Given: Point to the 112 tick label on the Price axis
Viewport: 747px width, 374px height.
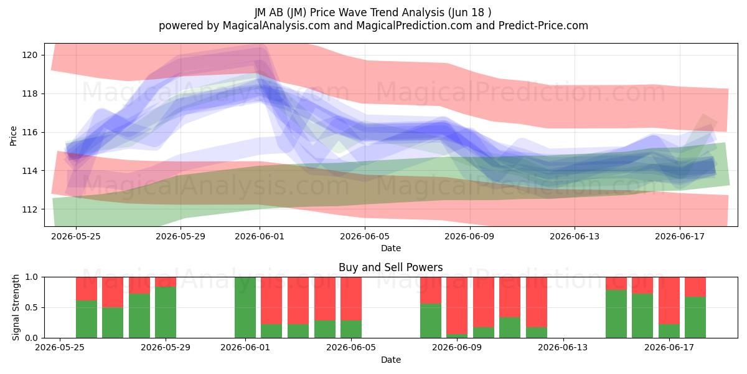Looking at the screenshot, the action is pos(30,209).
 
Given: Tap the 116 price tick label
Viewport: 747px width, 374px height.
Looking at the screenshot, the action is pos(30,133).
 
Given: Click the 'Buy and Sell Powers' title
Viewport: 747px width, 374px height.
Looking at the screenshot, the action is pos(390,267).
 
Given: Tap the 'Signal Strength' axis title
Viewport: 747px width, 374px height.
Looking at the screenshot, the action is pos(16,307).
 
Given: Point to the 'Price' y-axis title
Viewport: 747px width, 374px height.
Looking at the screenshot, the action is pos(13,136).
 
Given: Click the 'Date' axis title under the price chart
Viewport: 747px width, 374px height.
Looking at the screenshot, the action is pos(391,248).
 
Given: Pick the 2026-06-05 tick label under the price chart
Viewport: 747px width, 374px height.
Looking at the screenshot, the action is pos(365,236).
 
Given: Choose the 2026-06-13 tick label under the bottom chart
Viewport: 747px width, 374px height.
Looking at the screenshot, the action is pos(563,348).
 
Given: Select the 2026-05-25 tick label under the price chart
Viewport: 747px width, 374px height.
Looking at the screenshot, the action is pos(76,236).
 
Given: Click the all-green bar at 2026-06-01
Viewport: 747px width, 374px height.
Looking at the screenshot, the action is pos(245,307).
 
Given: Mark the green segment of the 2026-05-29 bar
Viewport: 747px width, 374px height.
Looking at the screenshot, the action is pos(166,312).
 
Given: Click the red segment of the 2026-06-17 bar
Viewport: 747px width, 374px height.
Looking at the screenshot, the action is pos(669,300).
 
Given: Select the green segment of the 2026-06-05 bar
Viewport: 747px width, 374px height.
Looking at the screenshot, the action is pos(351,329).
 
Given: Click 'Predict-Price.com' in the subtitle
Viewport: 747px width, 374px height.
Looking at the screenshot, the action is pos(543,26).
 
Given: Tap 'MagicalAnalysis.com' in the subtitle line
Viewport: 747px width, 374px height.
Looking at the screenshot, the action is pos(276,26).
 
